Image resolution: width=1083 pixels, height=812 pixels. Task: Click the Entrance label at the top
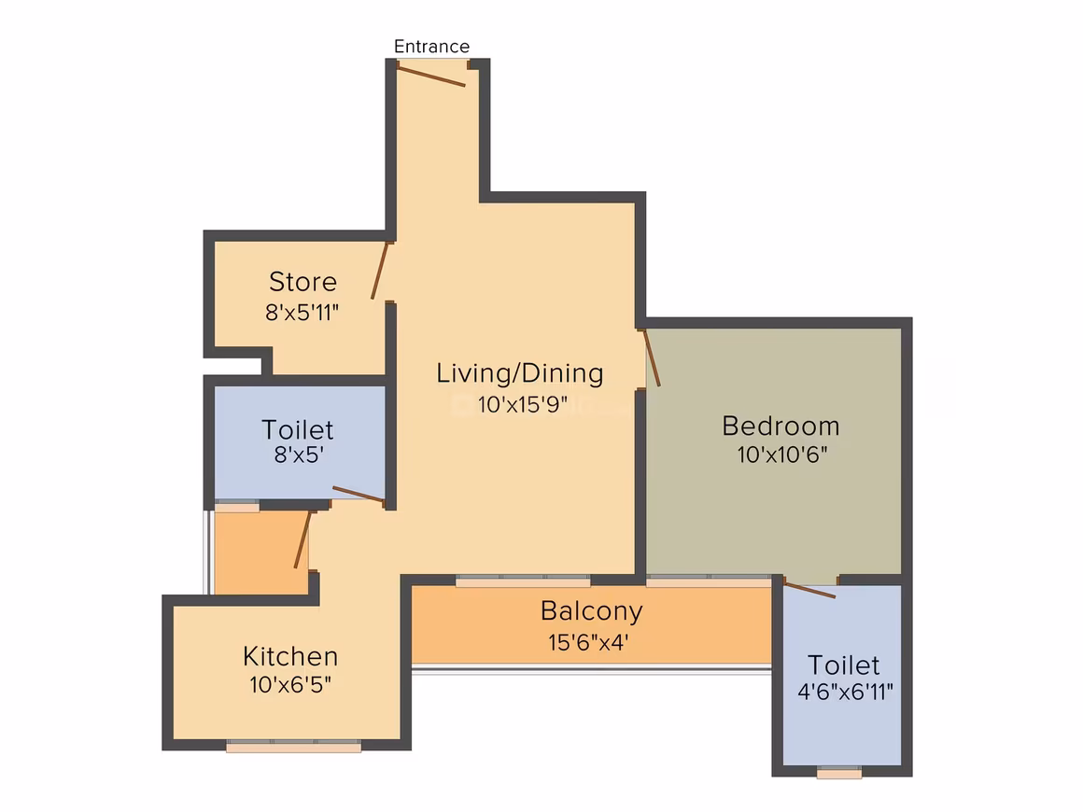point(431,47)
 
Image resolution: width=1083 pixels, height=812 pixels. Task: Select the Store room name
point(302,282)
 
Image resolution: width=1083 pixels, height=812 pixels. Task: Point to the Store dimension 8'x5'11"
point(302,313)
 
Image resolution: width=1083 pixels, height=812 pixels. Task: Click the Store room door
point(380,270)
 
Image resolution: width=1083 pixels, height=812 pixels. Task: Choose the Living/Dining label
point(519,372)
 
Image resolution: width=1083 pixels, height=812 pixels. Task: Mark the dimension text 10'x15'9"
point(522,404)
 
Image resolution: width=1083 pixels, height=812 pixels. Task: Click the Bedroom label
point(781,426)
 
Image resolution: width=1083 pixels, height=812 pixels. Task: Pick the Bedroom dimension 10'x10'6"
point(781,455)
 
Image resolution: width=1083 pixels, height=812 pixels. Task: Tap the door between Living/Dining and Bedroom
point(652,357)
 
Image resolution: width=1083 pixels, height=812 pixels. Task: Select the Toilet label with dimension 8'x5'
point(297,430)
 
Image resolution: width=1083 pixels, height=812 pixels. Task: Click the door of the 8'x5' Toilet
point(359,495)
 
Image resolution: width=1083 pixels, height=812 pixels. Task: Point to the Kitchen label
point(290,656)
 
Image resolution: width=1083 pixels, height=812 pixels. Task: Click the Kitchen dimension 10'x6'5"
point(290,684)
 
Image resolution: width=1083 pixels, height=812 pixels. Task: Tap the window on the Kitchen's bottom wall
point(293,746)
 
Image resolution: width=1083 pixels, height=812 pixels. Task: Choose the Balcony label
point(591,611)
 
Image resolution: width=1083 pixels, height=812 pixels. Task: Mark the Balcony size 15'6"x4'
point(588,643)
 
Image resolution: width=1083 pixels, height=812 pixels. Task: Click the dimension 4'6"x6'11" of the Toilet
point(846,692)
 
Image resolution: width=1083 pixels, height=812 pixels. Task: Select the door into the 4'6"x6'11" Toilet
point(809,590)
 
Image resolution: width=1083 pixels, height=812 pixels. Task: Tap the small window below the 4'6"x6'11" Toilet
point(839,773)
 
